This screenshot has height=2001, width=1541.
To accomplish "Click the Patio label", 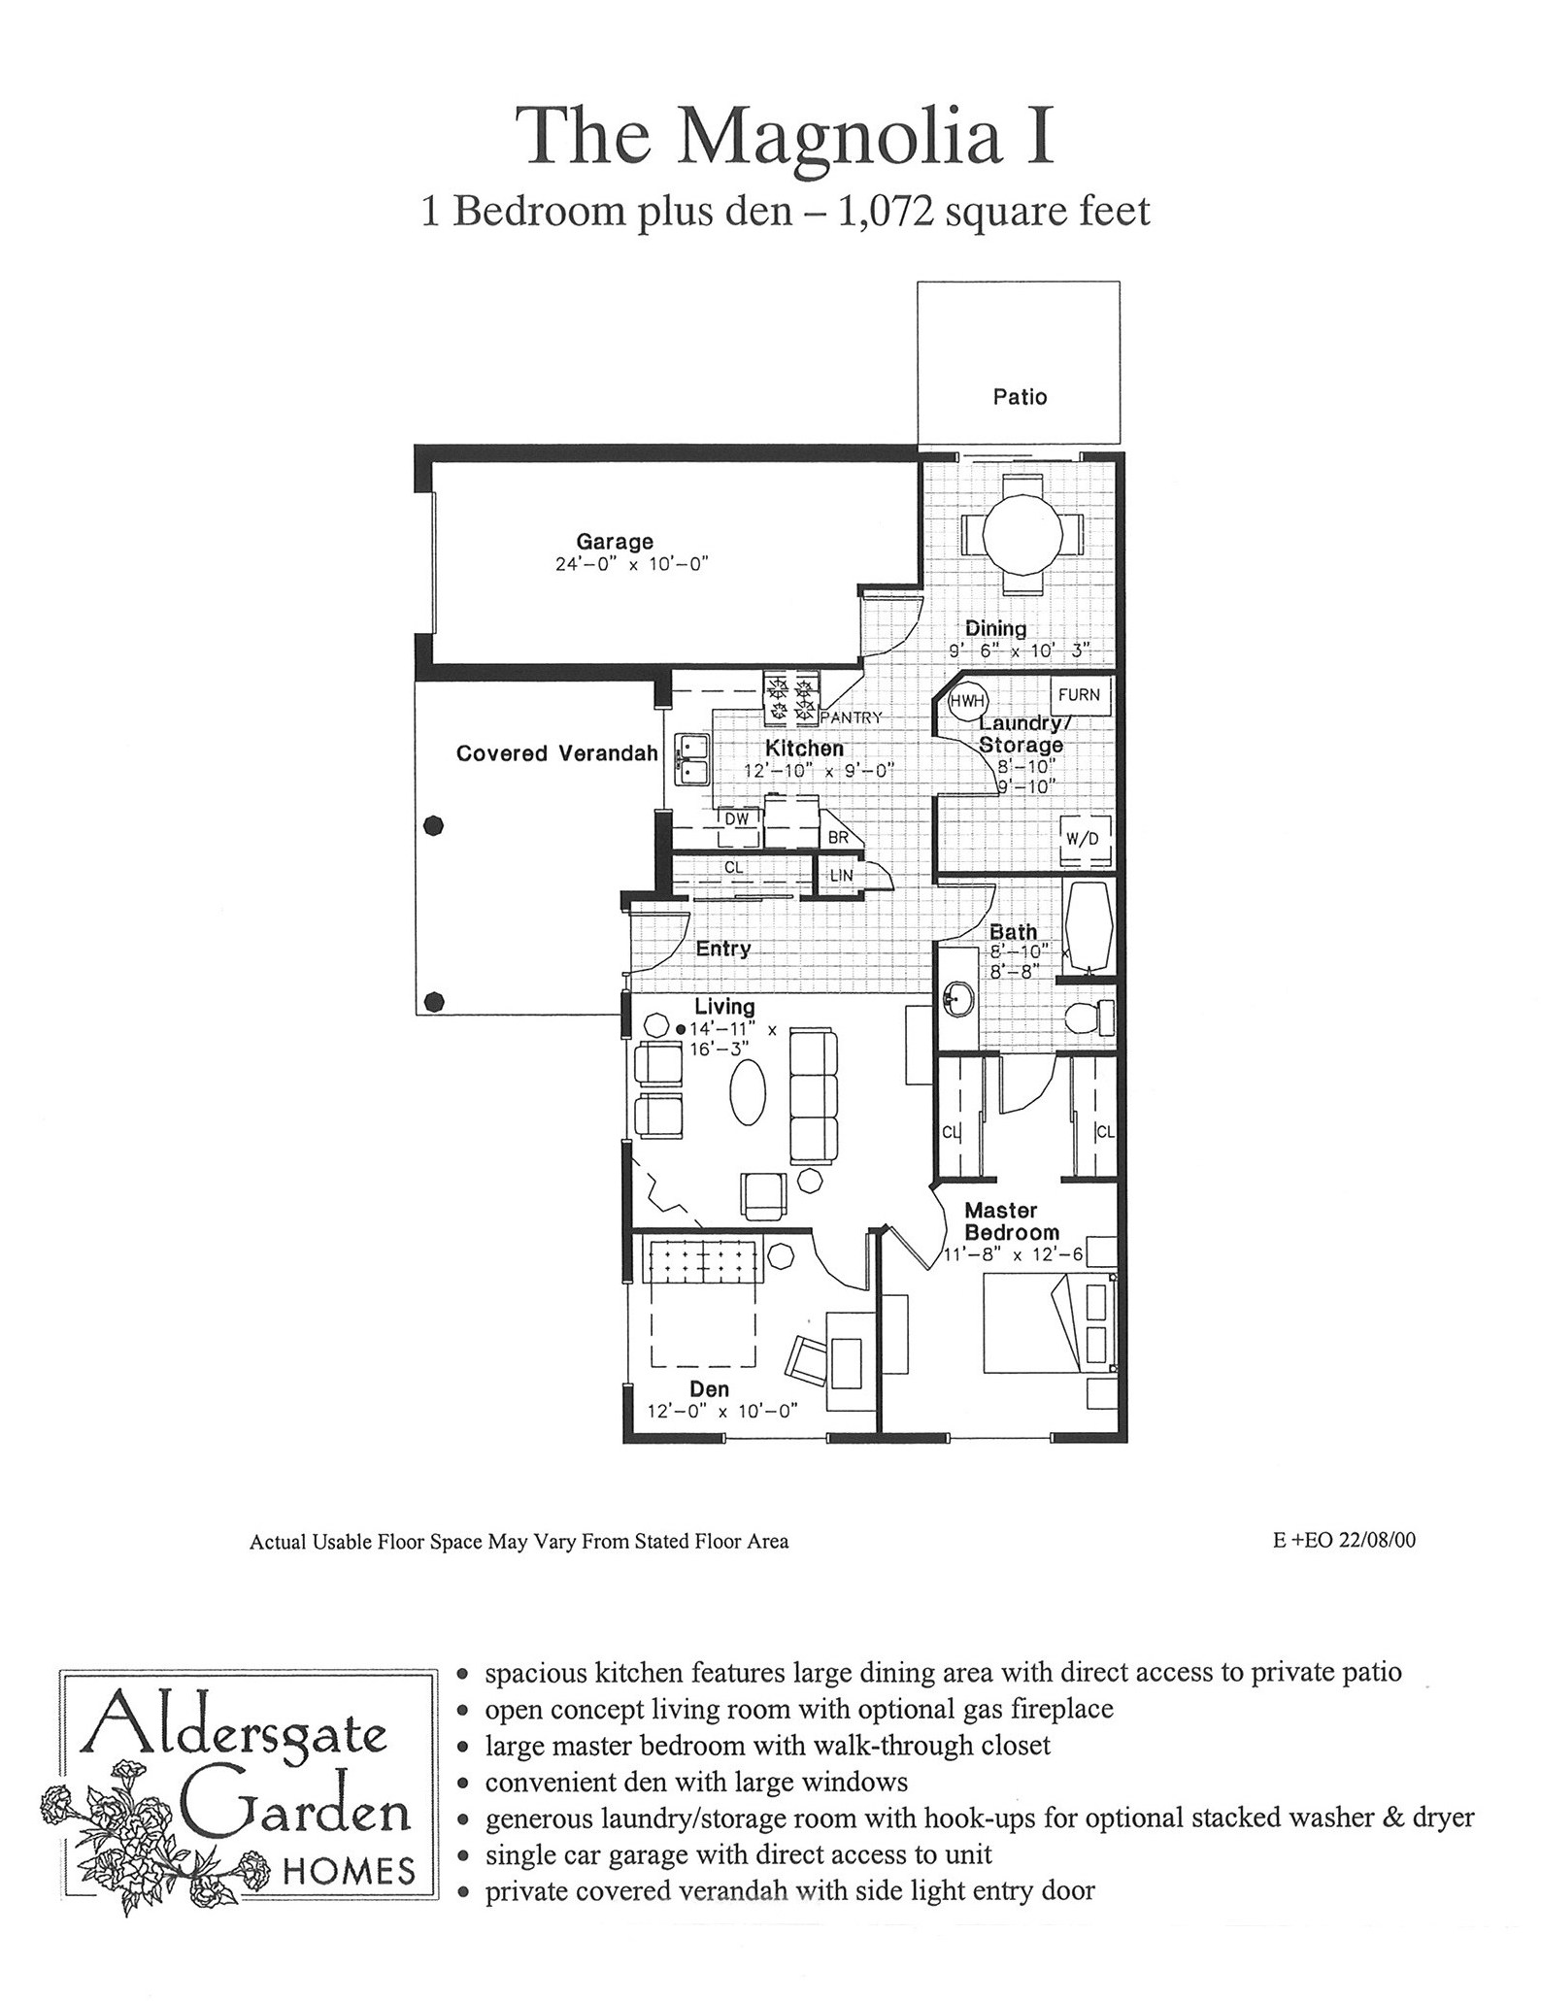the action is tap(1020, 396).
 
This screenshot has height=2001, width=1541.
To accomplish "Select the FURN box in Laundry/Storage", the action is tap(1079, 695).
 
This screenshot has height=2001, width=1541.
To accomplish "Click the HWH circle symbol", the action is tap(967, 701).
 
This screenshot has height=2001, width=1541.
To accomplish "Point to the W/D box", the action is tap(1082, 838).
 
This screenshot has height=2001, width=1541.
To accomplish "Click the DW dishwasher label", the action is tap(737, 818).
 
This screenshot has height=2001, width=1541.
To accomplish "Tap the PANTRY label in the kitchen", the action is tap(852, 717).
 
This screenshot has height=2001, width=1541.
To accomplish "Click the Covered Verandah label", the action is tap(557, 753).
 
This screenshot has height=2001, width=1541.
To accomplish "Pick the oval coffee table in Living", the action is tap(748, 1091).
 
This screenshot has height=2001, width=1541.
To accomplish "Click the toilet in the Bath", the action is tap(1089, 1018).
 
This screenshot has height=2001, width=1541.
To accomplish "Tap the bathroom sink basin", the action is tap(958, 999).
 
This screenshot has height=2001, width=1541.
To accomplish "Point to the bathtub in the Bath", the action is tap(1089, 929).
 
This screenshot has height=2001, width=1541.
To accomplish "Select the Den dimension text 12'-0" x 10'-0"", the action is tap(721, 1411).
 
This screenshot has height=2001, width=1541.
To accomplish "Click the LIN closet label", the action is tap(841, 875).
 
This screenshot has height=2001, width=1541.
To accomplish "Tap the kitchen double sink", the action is tap(692, 760).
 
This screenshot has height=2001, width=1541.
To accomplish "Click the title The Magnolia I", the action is tap(785, 135).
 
